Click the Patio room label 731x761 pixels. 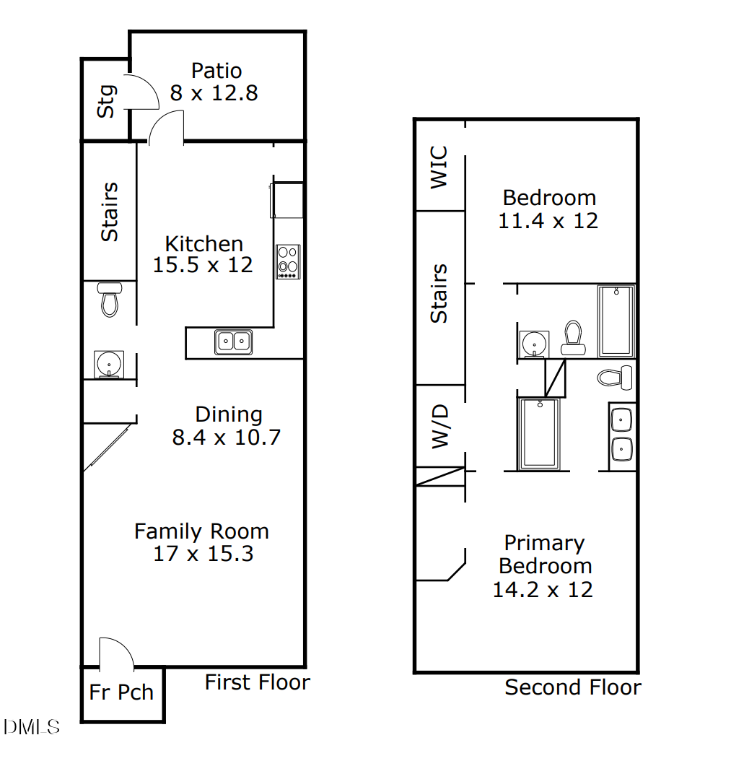[x=216, y=71]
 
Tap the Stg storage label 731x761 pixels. [x=106, y=101]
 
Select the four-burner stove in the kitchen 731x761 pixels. [x=288, y=262]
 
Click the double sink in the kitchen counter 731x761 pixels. [x=233, y=342]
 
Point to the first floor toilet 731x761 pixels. [x=110, y=300]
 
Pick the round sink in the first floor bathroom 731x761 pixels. [x=109, y=364]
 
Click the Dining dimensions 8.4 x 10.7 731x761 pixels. [x=227, y=438]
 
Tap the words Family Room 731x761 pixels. [x=201, y=531]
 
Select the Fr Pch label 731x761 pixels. [x=121, y=692]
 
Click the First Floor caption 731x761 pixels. [x=257, y=682]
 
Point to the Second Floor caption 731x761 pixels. [x=573, y=687]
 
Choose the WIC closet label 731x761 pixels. [x=439, y=167]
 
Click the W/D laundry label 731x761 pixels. [x=439, y=427]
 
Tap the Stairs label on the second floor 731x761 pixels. [x=439, y=294]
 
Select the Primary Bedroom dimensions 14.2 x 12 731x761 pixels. [x=543, y=590]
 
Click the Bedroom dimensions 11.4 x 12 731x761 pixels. [x=548, y=221]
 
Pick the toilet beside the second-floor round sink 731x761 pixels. [x=573, y=338]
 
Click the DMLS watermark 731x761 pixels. [x=32, y=727]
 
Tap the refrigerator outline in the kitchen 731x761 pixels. [x=287, y=200]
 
